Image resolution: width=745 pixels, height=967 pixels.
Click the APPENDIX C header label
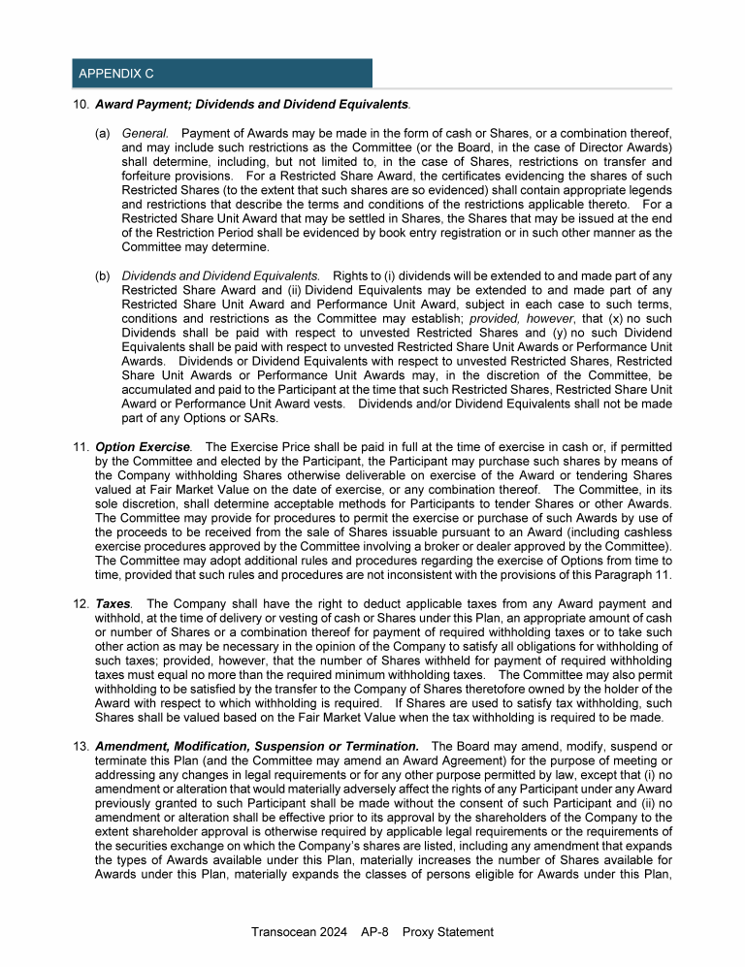coord(114,74)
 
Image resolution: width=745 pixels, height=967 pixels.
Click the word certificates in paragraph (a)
coord(466,177)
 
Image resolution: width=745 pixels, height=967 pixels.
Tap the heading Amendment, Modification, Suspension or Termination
coord(257,745)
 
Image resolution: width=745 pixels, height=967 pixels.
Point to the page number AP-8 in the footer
coord(373,932)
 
